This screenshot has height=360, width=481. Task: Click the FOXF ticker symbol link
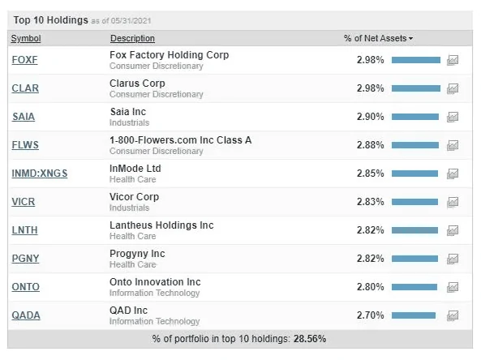24,60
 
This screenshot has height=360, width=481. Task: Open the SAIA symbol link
24,117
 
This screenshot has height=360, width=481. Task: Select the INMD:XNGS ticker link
40,174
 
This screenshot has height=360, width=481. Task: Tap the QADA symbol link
26,315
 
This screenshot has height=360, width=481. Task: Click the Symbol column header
26,38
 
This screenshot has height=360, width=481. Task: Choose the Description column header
132,38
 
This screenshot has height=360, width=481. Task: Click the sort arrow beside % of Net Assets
410,39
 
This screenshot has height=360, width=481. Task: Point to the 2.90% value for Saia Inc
370,117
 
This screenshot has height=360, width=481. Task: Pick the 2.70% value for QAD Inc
370,315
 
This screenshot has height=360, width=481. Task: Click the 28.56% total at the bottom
310,339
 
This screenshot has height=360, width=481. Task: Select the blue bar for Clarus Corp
416,88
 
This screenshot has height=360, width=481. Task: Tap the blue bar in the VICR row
414,202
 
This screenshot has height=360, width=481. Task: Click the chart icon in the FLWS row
453,145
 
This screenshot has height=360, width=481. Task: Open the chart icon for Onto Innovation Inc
453,287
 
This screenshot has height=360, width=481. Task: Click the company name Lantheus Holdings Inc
161,225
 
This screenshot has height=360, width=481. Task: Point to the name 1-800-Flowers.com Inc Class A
181,140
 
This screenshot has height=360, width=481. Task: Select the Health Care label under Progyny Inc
133,264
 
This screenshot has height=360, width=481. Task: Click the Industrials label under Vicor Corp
130,208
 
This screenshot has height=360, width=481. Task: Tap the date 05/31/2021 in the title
131,21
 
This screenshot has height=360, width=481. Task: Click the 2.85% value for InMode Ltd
370,174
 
